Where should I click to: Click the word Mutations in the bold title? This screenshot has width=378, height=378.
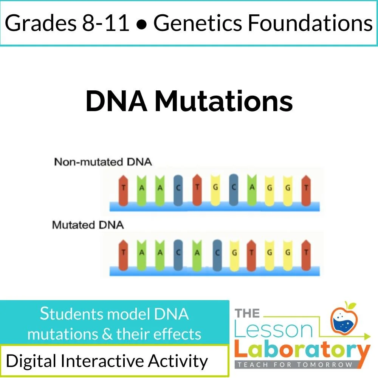tap(223, 101)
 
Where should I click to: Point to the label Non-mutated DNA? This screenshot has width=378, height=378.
tap(103, 162)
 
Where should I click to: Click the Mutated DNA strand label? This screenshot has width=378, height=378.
tap(88, 225)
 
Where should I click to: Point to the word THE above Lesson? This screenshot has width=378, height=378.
tap(247, 313)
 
